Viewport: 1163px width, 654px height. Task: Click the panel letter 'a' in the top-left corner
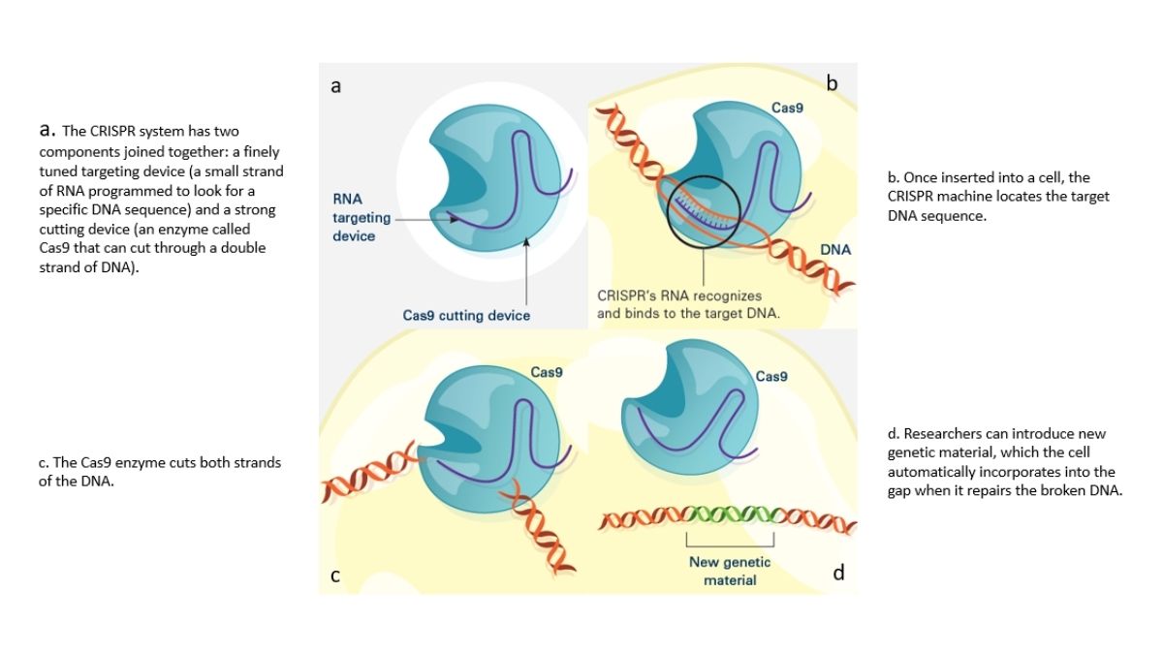(335, 86)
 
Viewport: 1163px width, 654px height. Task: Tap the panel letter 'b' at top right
(832, 84)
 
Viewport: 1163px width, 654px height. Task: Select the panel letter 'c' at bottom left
(334, 576)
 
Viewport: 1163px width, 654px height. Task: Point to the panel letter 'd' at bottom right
(838, 573)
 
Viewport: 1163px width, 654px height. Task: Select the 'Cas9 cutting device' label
(466, 315)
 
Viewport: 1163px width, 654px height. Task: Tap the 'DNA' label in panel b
(834, 250)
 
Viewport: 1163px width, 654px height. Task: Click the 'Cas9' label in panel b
(787, 108)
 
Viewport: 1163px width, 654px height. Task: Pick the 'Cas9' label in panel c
(547, 371)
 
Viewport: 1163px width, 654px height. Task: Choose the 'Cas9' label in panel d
(771, 376)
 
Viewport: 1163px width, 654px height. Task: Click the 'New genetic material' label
(730, 571)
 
